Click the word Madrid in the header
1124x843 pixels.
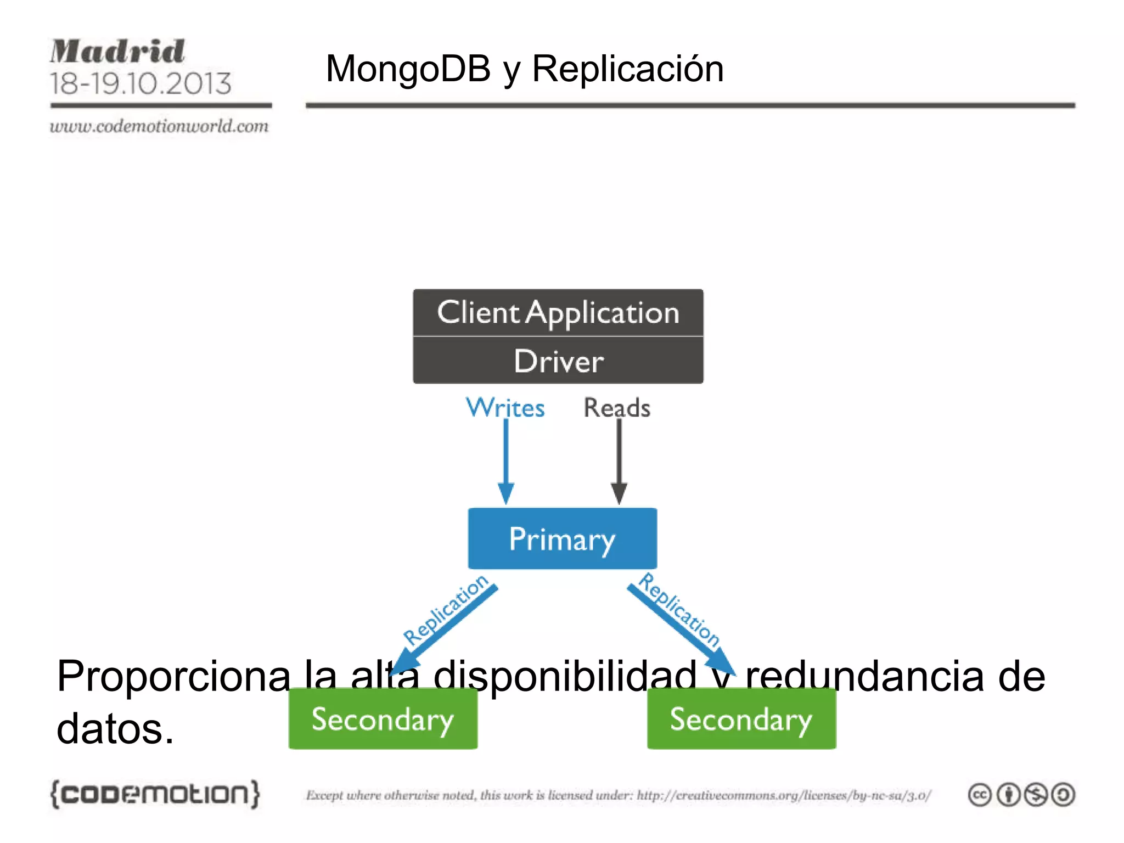tap(117, 52)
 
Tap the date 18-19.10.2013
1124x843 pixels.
tap(140, 84)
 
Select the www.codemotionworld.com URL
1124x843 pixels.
tap(159, 126)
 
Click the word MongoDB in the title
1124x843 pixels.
tap(408, 69)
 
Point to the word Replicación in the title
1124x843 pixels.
tap(627, 69)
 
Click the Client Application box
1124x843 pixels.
tap(558, 313)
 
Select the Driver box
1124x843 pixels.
tap(558, 361)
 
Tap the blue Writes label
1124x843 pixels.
tap(505, 408)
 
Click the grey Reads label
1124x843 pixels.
tap(617, 408)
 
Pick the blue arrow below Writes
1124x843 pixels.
tap(506, 461)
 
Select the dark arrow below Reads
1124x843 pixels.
tap(619, 461)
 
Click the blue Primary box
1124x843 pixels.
tap(562, 538)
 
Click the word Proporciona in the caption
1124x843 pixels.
tap(173, 676)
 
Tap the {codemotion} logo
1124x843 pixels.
tap(155, 794)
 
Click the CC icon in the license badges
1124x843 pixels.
tap(980, 795)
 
